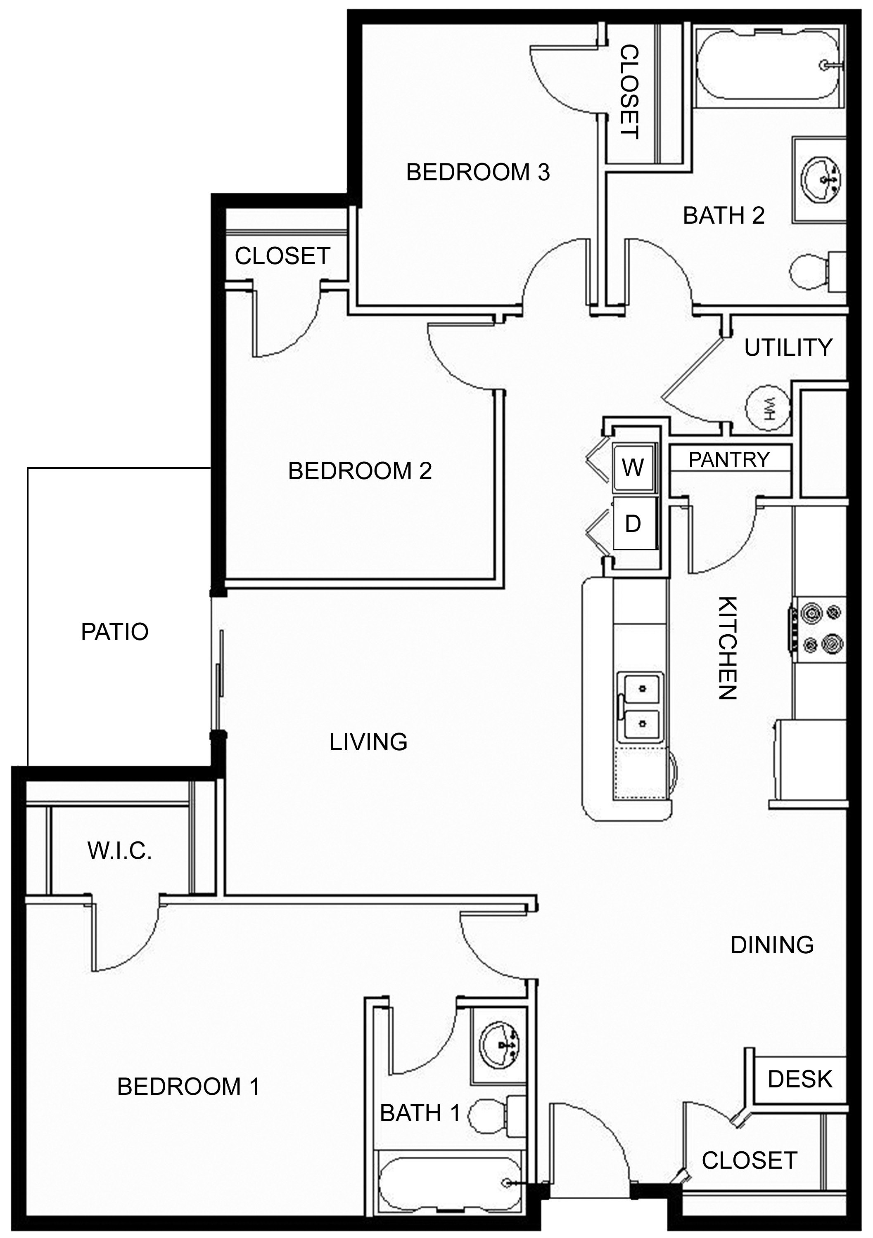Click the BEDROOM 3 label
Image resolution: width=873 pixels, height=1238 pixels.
478,172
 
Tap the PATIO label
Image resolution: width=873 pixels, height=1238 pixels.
115,631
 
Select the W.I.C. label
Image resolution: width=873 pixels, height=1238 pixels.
120,851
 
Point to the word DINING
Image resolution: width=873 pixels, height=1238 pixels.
772,945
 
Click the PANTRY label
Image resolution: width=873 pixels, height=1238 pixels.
729,459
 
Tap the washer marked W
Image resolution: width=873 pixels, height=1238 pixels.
635,467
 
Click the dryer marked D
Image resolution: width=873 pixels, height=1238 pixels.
635,523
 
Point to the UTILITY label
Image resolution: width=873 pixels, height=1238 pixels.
788,348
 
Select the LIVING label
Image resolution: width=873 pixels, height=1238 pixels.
368,742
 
